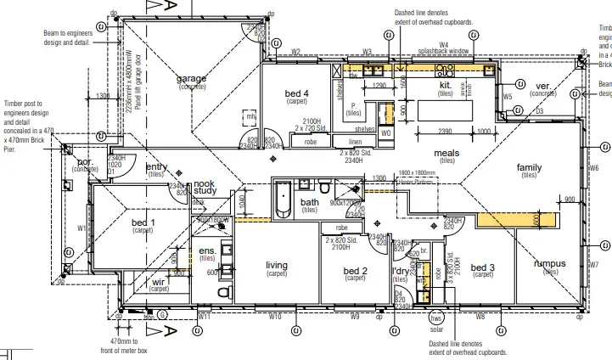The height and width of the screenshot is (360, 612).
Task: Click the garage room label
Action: point(191,79)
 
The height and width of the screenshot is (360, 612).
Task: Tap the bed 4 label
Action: point(296,93)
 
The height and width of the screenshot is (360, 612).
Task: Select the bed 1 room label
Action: point(143,222)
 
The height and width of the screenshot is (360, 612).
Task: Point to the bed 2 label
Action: point(355,271)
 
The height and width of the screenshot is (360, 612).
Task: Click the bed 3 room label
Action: point(482,267)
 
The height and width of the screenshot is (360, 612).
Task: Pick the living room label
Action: point(277,266)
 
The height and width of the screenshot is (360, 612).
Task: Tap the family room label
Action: point(529,168)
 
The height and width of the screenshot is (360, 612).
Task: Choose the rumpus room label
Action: point(549,264)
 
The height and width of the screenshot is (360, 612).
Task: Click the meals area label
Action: point(446,154)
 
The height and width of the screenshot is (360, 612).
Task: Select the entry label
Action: point(157,167)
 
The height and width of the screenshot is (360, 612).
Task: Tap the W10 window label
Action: point(274,316)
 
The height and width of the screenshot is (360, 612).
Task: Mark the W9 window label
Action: point(355,316)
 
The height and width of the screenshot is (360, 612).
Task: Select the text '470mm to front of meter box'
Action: point(124,345)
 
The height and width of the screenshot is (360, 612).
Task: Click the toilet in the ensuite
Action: point(223,292)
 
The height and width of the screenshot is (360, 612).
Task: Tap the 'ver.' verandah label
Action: point(543,87)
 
